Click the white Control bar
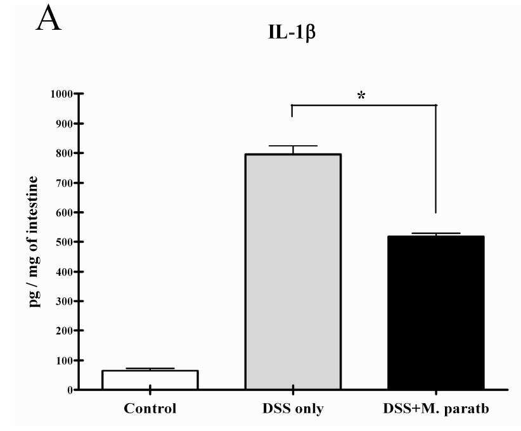(x=150, y=380)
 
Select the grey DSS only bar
(x=293, y=271)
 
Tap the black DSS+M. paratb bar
(x=436, y=312)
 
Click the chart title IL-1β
(x=292, y=33)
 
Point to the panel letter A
(x=49, y=19)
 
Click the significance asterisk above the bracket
(x=361, y=96)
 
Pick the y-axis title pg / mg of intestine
(x=33, y=241)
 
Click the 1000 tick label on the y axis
(x=61, y=94)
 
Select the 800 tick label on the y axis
(x=65, y=153)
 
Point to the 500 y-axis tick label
(x=65, y=242)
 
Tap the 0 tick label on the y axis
(x=70, y=390)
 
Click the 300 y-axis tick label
(x=65, y=301)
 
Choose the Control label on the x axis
(x=150, y=408)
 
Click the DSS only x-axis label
(x=293, y=409)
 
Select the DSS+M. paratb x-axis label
(x=436, y=409)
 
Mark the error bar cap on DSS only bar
(x=293, y=146)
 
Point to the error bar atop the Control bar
(x=150, y=369)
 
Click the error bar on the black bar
(x=436, y=235)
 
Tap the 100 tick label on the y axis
(x=65, y=361)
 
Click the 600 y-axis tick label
(x=65, y=212)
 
